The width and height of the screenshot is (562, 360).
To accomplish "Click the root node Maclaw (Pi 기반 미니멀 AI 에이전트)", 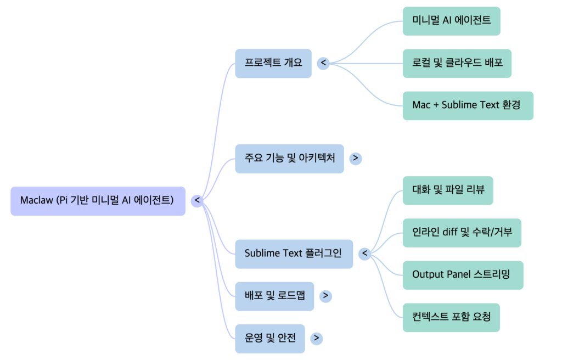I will coord(98,201).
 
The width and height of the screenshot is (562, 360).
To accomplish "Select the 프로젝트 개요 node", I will coord(273,63).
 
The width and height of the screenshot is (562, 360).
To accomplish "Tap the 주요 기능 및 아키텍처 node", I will coord(289,159).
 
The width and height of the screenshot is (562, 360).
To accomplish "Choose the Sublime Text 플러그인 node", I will coord(294,254).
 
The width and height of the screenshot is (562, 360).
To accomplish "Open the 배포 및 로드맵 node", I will coord(274,296).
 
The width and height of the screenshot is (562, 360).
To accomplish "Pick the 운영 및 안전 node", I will coord(270,338).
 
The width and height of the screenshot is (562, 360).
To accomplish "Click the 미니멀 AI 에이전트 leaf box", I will coord(451,21).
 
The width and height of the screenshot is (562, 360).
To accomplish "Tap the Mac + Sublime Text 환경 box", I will coord(468,105).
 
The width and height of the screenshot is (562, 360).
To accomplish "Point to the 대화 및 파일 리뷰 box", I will coord(447,190).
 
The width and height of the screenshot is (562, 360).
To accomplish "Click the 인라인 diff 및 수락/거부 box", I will coord(462,233).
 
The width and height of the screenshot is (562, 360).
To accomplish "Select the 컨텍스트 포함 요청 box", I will coord(451,317).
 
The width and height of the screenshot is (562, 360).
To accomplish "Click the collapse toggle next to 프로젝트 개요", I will coord(323,63).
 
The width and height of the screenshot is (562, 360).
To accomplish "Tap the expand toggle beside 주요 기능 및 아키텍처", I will coord(355,159).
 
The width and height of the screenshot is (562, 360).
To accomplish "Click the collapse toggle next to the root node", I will coord(197,201).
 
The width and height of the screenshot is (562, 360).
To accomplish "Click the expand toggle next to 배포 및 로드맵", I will coord(325,296).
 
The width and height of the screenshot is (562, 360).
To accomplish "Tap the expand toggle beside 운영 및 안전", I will coord(316,338).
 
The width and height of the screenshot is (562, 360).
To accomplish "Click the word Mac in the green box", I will coord(421,105).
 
